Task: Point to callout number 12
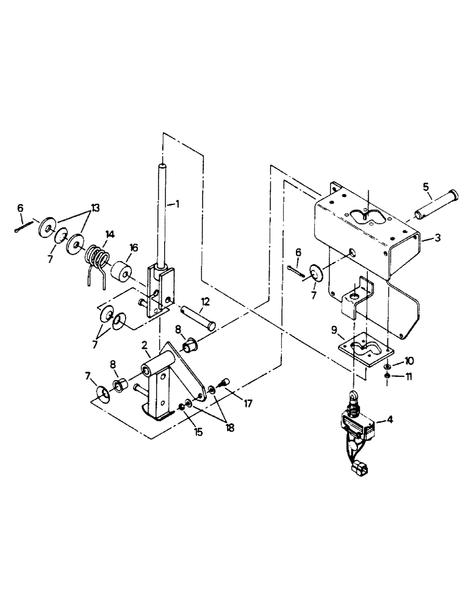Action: [206, 301]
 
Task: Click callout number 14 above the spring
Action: [110, 234]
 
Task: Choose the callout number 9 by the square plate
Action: [334, 329]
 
